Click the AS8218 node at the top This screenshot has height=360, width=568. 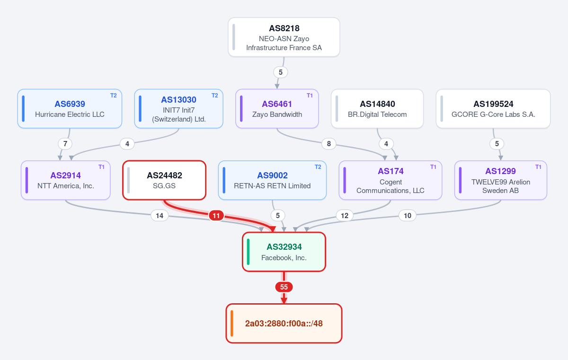coord(284,37)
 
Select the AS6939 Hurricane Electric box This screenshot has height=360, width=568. coord(70,109)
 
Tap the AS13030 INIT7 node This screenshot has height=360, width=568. coord(179,109)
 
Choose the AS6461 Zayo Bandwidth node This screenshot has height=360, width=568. coord(277,109)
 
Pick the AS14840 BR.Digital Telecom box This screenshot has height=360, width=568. coord(377,109)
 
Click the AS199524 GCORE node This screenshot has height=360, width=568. coord(493,109)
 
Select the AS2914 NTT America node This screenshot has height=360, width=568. coord(66,180)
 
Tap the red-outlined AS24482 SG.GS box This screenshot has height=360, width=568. coord(164,180)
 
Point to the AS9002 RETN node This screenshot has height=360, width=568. coord(272,180)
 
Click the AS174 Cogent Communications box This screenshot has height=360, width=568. coord(390,180)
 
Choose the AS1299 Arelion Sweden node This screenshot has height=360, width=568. coord(501,180)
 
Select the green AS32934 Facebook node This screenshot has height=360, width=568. coord(284,252)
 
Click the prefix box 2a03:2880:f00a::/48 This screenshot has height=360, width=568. coord(284,324)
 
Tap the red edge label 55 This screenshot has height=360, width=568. coord(284,287)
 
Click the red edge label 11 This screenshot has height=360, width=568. coord(216,216)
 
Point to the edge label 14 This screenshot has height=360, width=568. coord(160,216)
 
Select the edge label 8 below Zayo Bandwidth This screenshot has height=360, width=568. coord(329,144)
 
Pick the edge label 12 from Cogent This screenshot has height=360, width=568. coord(345,216)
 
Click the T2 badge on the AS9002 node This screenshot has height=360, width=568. coord(318,167)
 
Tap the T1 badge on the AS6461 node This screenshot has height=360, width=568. coord(310,96)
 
